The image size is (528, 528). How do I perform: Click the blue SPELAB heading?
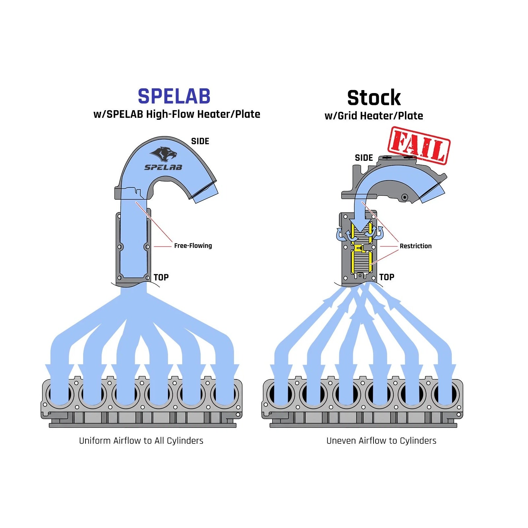pyautogui.click(x=174, y=96)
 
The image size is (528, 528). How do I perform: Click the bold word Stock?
pyautogui.click(x=374, y=98)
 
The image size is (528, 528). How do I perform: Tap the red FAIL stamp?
pyautogui.click(x=419, y=146)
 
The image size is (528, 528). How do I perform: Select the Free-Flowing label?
pyautogui.click(x=193, y=246)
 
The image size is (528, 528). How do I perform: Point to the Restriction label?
pyautogui.click(x=415, y=246)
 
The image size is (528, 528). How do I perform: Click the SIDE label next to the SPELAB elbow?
pyautogui.click(x=200, y=141)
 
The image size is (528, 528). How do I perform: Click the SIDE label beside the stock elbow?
pyautogui.click(x=364, y=158)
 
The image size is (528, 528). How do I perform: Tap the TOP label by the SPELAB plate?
pyautogui.click(x=161, y=277)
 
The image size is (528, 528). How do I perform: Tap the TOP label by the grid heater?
pyautogui.click(x=387, y=277)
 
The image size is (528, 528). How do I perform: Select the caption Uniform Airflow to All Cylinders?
pyautogui.click(x=141, y=441)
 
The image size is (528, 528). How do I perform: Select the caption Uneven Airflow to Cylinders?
pyautogui.click(x=381, y=441)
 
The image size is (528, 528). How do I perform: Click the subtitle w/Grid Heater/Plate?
pyautogui.click(x=374, y=116)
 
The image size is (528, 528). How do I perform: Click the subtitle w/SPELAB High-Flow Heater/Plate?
pyautogui.click(x=177, y=114)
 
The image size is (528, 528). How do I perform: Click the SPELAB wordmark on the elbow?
pyautogui.click(x=163, y=167)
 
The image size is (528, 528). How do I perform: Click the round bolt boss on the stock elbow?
pyautogui.click(x=404, y=197)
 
